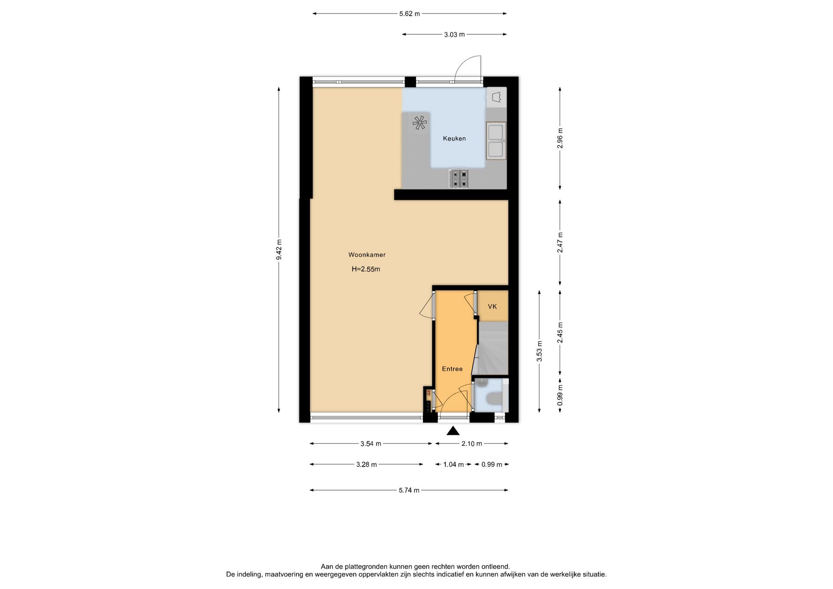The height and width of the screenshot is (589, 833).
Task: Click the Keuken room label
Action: point(454,138)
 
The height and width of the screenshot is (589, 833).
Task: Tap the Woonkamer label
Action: point(367,255)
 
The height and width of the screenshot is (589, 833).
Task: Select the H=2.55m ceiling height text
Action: point(366,269)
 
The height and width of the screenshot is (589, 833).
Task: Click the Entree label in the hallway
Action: point(452,369)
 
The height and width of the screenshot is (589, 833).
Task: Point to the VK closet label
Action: point(492,307)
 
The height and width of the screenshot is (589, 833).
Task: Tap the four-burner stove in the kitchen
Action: point(459,179)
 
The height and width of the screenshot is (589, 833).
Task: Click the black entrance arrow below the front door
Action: point(453,430)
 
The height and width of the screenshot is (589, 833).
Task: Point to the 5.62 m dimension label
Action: point(410,14)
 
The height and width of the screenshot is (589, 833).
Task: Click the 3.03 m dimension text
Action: point(454,35)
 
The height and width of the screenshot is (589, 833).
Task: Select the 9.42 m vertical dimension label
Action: point(279,250)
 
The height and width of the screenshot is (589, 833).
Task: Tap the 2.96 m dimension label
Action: point(560,138)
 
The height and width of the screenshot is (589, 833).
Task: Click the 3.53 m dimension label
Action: point(539,351)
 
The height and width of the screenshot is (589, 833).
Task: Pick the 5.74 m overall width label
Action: point(409,491)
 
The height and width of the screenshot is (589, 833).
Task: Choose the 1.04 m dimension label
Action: point(453,465)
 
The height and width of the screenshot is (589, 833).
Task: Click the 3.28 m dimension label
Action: point(367,465)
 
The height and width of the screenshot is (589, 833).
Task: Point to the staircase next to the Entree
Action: point(492,348)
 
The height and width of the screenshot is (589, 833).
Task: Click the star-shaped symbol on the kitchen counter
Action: point(420,123)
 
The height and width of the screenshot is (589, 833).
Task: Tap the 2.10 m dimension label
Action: point(472,444)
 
